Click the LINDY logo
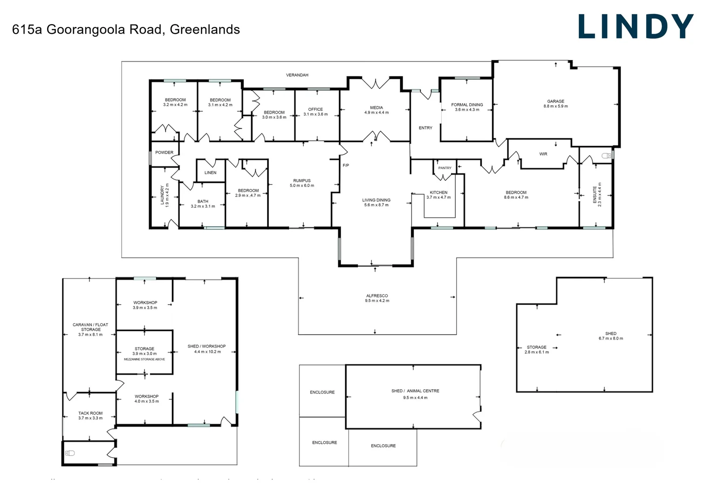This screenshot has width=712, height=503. [636, 27]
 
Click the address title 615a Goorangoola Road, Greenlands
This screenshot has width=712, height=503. [126, 29]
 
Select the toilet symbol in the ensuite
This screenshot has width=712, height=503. [606, 156]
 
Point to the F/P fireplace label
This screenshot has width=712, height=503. [346, 165]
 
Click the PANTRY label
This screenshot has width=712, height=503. [445, 168]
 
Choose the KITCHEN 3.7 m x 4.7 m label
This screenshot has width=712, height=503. [438, 195]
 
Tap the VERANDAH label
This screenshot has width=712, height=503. [297, 75]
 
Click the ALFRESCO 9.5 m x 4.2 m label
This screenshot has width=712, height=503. [377, 298]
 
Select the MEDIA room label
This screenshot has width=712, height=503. [377, 110]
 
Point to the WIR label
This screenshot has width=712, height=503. [543, 154]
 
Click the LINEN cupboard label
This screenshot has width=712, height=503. [210, 172]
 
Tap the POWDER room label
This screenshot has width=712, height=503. [164, 152]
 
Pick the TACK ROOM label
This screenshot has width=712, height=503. [90, 415]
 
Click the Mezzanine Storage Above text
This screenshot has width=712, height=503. [144, 359]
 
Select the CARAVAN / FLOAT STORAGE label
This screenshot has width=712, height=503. [90, 329]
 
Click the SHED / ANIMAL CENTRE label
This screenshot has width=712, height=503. [415, 394]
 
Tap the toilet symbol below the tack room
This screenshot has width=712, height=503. [70, 453]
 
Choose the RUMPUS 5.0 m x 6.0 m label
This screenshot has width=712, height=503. [302, 183]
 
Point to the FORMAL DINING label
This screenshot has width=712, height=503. [467, 107]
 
